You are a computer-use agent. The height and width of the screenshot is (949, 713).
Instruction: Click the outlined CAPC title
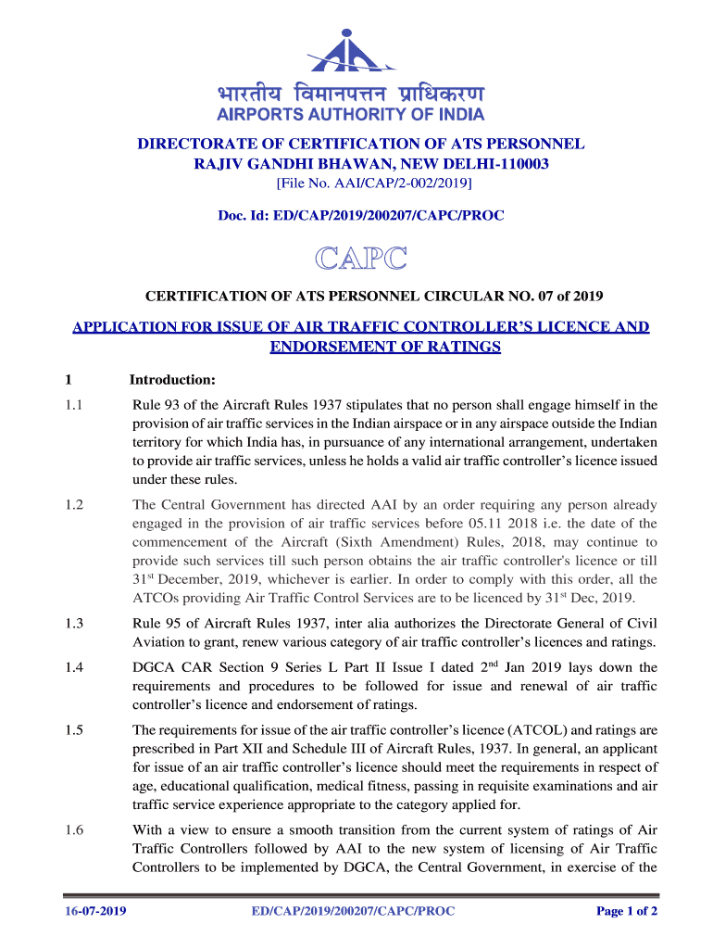(361, 259)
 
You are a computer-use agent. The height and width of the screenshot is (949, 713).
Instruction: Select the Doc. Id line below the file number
(360, 215)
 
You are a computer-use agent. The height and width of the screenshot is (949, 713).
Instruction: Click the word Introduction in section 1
(172, 380)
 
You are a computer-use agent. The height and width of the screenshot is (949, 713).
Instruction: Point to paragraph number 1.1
(74, 405)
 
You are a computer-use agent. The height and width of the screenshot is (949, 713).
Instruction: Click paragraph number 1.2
(74, 505)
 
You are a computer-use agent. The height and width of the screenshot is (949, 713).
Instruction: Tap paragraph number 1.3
(74, 624)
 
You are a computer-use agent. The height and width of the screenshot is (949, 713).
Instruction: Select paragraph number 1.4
(74, 667)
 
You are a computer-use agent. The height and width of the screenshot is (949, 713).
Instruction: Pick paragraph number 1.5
(74, 729)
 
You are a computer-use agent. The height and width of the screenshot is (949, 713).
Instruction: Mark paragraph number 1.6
(74, 830)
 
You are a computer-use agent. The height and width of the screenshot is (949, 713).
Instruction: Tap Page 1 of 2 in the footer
(627, 911)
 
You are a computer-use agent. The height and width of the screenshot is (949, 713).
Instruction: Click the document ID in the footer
(353, 911)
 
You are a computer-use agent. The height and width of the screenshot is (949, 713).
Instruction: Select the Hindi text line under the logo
(350, 95)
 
